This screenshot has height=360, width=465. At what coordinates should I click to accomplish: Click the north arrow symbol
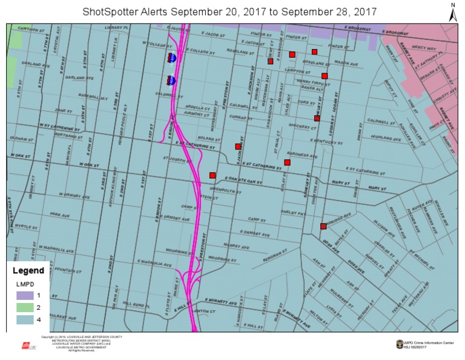pos(452,13)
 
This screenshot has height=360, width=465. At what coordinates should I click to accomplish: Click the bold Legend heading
pos(28,270)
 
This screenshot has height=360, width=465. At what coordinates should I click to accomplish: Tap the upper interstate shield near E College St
pos(172,58)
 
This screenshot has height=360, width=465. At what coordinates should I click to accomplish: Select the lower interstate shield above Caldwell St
pos(171,80)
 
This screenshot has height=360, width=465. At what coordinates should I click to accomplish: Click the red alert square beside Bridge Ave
pos(323,227)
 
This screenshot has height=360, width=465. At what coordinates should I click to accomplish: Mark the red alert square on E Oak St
pos(213,175)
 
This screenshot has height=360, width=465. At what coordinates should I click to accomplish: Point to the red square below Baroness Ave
pos(288,162)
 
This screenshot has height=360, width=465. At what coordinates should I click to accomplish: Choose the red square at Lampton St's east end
pos(325,76)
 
